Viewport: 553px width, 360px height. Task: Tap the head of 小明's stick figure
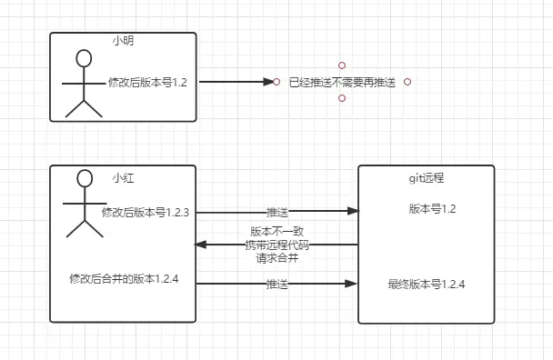click(x=84, y=59)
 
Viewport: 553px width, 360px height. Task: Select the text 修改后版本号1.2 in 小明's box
click(x=146, y=82)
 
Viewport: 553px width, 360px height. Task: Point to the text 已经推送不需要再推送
click(x=341, y=82)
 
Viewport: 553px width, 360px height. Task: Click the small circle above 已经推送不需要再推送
click(x=341, y=65)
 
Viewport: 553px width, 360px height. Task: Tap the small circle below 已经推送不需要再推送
click(x=341, y=98)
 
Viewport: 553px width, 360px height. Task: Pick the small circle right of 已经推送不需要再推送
click(x=407, y=82)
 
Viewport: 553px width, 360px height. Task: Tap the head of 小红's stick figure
click(x=85, y=178)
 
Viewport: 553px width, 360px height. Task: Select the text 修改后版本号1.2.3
click(x=145, y=213)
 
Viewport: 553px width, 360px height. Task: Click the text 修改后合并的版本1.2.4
click(x=123, y=278)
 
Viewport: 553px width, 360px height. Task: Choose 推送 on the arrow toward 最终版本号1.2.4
click(x=277, y=285)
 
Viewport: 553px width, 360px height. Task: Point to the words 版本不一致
click(x=277, y=232)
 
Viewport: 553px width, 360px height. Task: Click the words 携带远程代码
click(x=277, y=245)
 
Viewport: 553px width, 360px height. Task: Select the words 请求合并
click(x=277, y=257)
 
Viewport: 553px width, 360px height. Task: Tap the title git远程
click(x=426, y=177)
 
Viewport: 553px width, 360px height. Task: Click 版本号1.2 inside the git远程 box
click(x=432, y=209)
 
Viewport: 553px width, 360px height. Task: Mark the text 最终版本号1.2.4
click(x=427, y=285)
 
